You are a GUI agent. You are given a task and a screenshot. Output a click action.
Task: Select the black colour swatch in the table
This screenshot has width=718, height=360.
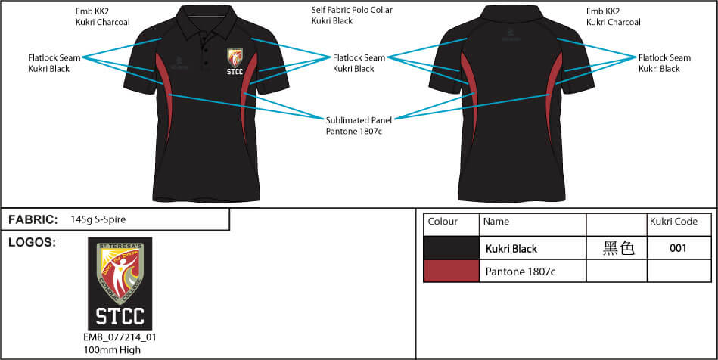pyautogui.click(x=451, y=247)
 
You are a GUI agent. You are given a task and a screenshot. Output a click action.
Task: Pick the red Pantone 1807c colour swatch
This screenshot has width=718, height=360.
pyautogui.click(x=451, y=271)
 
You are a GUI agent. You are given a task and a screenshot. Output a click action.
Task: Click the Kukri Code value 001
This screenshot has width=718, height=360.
pyautogui.click(x=679, y=248)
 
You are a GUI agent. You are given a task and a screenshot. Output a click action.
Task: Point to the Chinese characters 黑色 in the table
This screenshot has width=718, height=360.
pyautogui.click(x=618, y=248)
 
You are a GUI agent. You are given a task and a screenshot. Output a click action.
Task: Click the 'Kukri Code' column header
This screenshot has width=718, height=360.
pyautogui.click(x=673, y=222)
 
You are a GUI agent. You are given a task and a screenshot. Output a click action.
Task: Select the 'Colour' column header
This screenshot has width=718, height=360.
pyautogui.click(x=443, y=222)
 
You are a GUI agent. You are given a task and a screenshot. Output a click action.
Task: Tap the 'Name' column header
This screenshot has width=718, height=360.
pyautogui.click(x=496, y=222)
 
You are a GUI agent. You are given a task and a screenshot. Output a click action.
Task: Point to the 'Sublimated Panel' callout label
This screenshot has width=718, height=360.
pyautogui.click(x=359, y=119)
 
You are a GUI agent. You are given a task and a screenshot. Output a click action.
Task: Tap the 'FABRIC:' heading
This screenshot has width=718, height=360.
pyautogui.click(x=33, y=220)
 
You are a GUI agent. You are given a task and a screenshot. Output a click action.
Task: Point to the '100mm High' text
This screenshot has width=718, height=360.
pyautogui.click(x=112, y=350)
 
